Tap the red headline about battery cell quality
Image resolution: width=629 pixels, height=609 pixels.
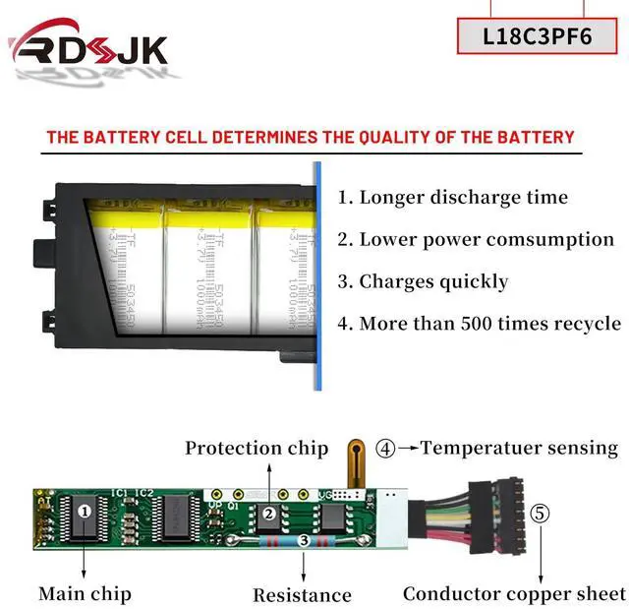(310, 137)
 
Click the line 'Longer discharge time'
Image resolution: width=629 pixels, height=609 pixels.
(453, 197)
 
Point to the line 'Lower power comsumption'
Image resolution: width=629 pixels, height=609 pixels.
(476, 239)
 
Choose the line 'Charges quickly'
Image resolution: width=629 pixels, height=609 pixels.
(423, 281)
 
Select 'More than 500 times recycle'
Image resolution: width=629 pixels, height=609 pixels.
(479, 323)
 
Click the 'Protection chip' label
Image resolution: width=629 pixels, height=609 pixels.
(257, 448)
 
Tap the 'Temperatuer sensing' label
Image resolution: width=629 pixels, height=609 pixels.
(519, 448)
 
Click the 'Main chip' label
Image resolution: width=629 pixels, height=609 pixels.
(85, 593)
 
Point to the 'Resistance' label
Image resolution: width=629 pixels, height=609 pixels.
(302, 594)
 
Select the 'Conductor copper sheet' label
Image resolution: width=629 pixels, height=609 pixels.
(514, 593)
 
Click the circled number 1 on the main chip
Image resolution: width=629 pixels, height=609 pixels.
(85, 510)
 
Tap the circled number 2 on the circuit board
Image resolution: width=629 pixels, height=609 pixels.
(267, 513)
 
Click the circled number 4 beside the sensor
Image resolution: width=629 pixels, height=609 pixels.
(386, 449)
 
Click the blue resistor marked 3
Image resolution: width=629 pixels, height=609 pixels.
(304, 540)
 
